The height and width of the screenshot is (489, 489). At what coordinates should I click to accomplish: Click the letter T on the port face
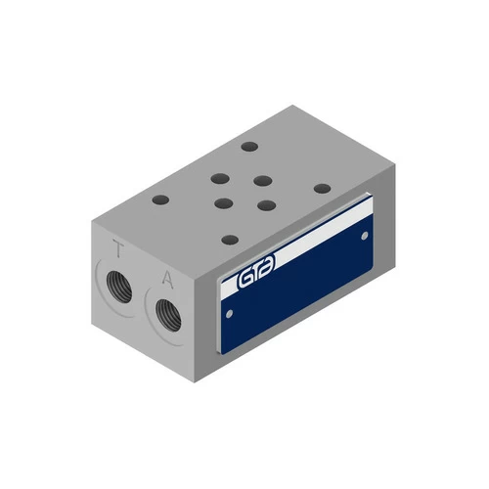(x=119, y=250)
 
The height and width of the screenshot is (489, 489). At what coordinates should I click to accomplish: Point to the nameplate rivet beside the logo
(x=230, y=314)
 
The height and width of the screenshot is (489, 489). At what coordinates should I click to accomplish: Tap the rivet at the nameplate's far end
(x=365, y=235)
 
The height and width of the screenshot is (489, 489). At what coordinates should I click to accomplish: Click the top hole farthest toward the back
(x=249, y=148)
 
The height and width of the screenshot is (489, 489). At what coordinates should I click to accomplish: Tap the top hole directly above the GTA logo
(x=229, y=239)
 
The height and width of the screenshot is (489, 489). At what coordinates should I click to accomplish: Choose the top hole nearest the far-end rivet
(x=321, y=188)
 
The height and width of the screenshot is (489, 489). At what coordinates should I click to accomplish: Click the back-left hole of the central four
(x=220, y=180)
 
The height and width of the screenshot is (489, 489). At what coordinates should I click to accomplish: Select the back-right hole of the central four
(x=261, y=180)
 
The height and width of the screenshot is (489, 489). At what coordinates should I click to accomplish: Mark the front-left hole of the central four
(x=223, y=204)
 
